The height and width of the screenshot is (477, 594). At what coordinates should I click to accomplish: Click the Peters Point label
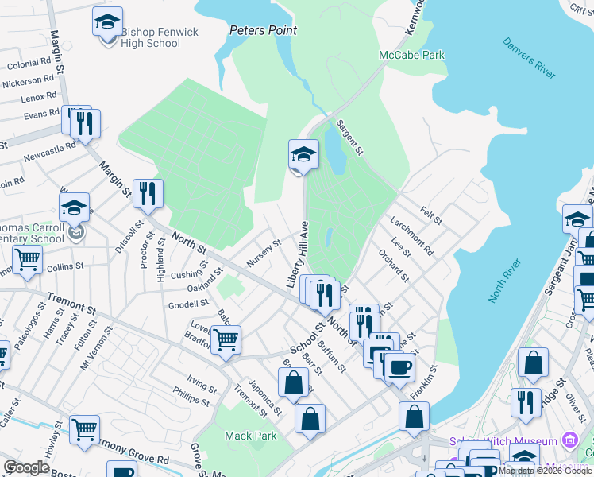[263, 30]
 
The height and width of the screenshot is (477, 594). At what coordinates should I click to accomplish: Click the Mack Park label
[250, 436]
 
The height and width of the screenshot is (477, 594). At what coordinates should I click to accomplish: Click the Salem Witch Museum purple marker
[569, 440]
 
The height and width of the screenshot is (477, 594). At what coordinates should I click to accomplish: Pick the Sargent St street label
[349, 138]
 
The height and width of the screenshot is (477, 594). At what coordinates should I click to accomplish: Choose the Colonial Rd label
[30, 64]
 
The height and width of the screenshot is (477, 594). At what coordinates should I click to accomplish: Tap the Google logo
[26, 467]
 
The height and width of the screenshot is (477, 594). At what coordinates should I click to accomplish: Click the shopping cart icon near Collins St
[27, 258]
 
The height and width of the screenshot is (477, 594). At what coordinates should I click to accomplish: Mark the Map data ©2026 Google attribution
[546, 471]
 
